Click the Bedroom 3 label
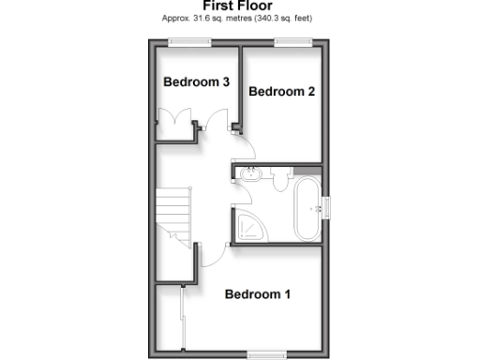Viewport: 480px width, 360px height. point(197,82)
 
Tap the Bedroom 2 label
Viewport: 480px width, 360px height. point(280,92)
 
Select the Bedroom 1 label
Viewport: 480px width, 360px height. point(258,295)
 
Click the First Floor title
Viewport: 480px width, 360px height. point(238,6)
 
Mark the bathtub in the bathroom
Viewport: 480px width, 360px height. point(307,208)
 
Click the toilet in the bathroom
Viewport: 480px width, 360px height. point(281,178)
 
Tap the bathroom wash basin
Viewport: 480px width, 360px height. point(251,174)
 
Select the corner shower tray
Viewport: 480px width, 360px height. point(250,225)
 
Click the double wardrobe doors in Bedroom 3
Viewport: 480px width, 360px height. point(177,123)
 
